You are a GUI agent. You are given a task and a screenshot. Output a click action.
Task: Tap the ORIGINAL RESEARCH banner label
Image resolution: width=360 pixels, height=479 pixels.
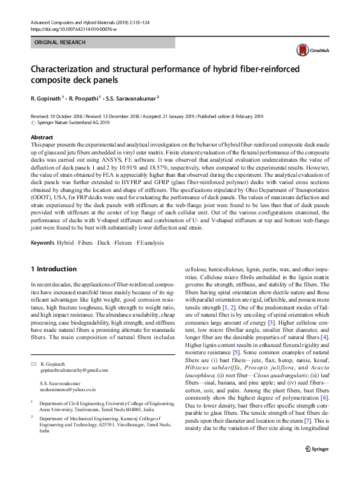point(59,42)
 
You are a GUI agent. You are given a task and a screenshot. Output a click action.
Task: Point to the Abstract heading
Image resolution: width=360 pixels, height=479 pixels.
point(42,137)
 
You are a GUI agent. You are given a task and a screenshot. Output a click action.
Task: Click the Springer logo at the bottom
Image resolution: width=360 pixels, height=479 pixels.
point(317,466)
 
